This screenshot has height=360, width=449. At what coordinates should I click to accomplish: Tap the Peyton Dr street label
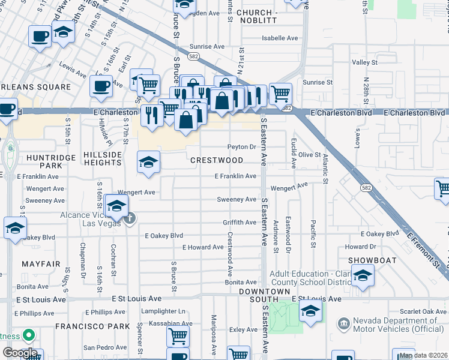(x=242, y=146)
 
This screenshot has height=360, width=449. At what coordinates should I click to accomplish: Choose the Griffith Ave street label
(x=240, y=222)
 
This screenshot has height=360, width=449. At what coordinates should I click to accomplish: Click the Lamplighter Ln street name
(x=163, y=311)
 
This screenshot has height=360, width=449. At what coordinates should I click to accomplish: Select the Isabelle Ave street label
(x=280, y=38)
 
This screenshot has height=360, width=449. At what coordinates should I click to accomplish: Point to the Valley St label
(x=364, y=62)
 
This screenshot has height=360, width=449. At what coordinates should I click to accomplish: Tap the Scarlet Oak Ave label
(x=425, y=311)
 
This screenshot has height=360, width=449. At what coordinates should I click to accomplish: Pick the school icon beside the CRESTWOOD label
(x=148, y=161)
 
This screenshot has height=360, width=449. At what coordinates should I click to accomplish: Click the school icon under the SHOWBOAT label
(x=363, y=275)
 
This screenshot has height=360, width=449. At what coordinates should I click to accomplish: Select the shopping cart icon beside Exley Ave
(x=238, y=354)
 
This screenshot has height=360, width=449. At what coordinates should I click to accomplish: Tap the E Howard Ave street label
(x=203, y=247)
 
